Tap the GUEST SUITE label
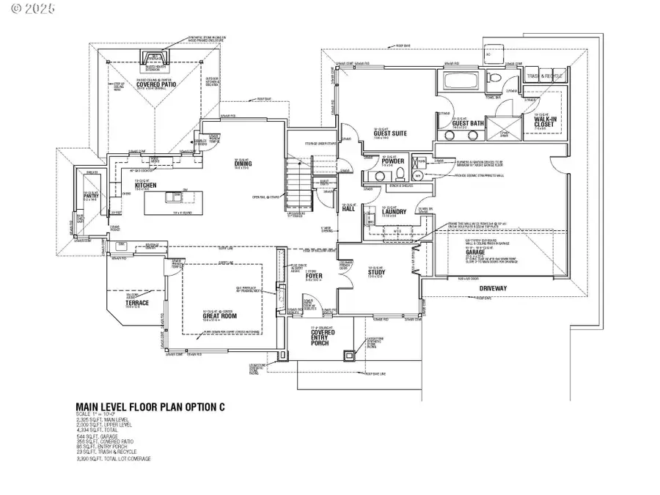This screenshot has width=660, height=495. pos(385,133)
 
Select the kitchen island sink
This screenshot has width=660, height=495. pos(174,196)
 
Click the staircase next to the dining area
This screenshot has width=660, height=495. pos(297,187)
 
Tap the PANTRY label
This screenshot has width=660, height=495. pos(92,196)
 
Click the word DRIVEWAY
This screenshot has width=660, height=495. pos(494,288)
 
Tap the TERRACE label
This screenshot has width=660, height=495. pos(136,303)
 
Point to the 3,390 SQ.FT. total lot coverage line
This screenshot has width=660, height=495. pos(114,459)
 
